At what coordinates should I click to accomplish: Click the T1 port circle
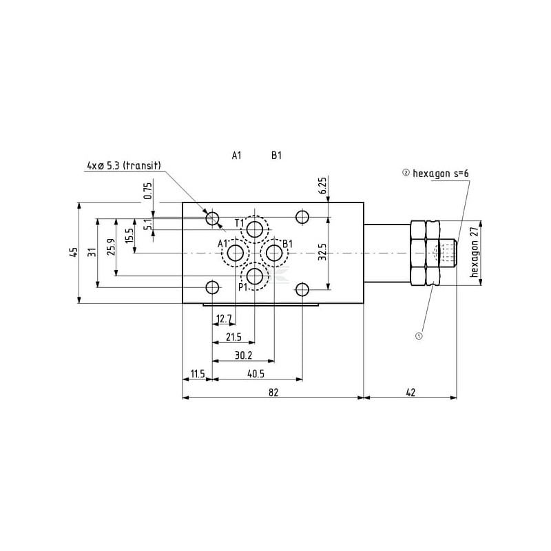(255, 230)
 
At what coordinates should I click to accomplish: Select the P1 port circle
(255, 277)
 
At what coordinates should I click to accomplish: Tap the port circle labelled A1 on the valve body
(236, 253)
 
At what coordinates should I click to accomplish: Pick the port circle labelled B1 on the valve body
(274, 253)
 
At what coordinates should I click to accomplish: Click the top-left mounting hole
(212, 218)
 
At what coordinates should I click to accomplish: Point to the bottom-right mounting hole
(302, 290)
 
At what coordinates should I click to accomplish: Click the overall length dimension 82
(273, 392)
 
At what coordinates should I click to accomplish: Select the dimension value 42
(410, 392)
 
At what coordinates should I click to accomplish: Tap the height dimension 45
(74, 253)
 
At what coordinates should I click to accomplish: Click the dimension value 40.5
(256, 374)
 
